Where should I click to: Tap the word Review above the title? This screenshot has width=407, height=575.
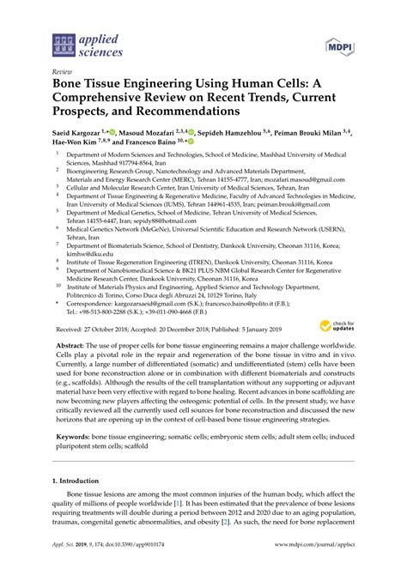61,74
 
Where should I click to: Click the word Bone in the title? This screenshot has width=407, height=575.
70,87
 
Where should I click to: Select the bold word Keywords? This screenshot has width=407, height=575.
75,437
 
